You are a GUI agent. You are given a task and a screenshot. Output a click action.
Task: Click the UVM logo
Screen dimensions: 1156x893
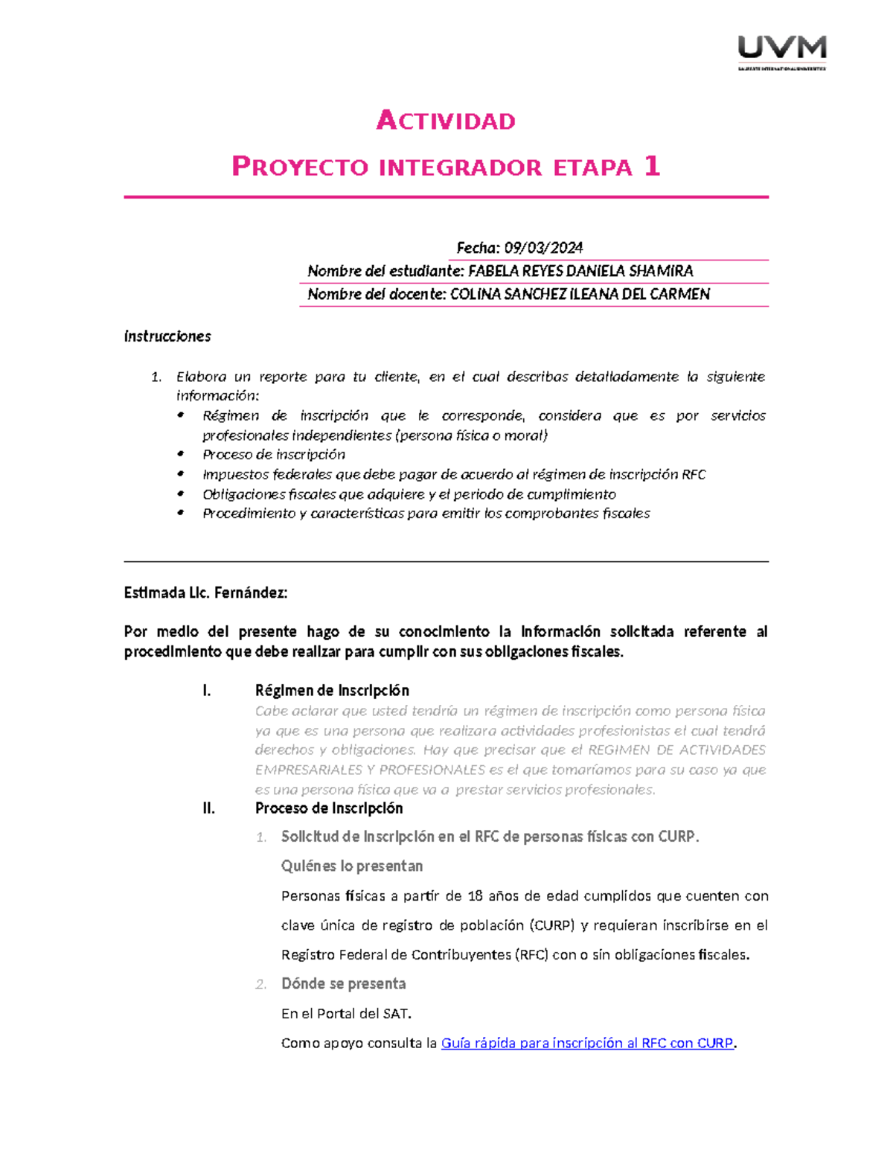(x=781, y=51)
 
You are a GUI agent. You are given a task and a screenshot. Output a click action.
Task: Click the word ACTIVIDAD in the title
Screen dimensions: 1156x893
(x=446, y=121)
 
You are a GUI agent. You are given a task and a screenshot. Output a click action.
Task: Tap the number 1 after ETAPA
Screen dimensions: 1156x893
(x=652, y=166)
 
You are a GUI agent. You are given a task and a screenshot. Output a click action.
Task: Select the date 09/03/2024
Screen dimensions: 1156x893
(x=543, y=248)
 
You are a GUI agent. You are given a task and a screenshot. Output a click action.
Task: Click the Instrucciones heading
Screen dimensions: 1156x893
(x=167, y=336)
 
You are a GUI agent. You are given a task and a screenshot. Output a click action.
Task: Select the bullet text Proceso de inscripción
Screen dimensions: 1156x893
(x=274, y=455)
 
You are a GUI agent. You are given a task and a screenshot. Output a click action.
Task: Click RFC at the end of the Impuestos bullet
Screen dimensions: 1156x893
(x=693, y=475)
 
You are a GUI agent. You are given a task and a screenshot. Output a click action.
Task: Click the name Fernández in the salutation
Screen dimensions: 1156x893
(x=250, y=593)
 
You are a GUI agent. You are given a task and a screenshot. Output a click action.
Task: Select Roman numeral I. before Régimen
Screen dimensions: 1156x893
(x=207, y=691)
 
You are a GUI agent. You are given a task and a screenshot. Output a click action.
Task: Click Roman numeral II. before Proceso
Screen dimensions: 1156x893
(x=208, y=808)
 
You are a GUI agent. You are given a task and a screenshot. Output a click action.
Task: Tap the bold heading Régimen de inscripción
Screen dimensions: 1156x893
(x=332, y=691)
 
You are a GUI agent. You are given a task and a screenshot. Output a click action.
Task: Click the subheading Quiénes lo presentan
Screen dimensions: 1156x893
(x=352, y=866)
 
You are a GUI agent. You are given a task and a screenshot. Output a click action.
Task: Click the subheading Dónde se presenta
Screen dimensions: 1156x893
(x=343, y=984)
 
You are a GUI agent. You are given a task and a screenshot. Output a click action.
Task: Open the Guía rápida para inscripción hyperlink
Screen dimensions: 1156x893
(x=586, y=1044)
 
